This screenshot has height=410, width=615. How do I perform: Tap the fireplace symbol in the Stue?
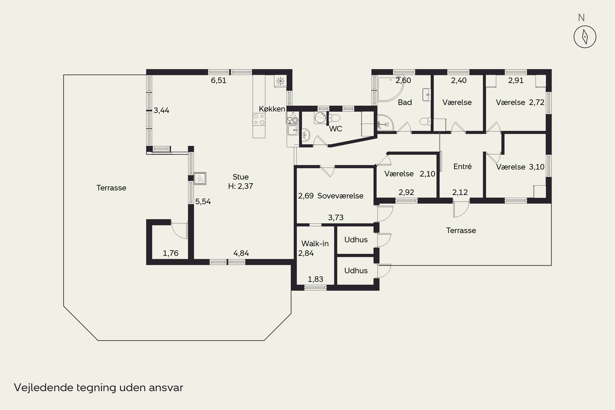pos(200,179)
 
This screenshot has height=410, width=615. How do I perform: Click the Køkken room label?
pos(272,109)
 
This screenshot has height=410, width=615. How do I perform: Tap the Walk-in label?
pos(315,244)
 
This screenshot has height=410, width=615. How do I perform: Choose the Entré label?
pos(462,166)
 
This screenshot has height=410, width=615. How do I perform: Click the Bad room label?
pos(405,102)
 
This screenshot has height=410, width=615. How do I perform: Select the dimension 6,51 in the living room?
pos(219,81)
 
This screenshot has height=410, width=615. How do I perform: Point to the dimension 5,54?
pos(203,202)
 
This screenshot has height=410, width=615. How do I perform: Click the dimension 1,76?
pos(171,253)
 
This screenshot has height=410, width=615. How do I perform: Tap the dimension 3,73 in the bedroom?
pos(336,217)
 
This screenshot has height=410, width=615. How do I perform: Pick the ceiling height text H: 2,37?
pos(240,186)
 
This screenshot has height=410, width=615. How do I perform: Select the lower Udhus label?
pos(356,271)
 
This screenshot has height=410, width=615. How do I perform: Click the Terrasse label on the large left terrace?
pos(111,188)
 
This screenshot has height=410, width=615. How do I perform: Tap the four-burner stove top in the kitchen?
pos(259,119)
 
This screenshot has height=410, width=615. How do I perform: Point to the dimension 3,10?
pos(536,167)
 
